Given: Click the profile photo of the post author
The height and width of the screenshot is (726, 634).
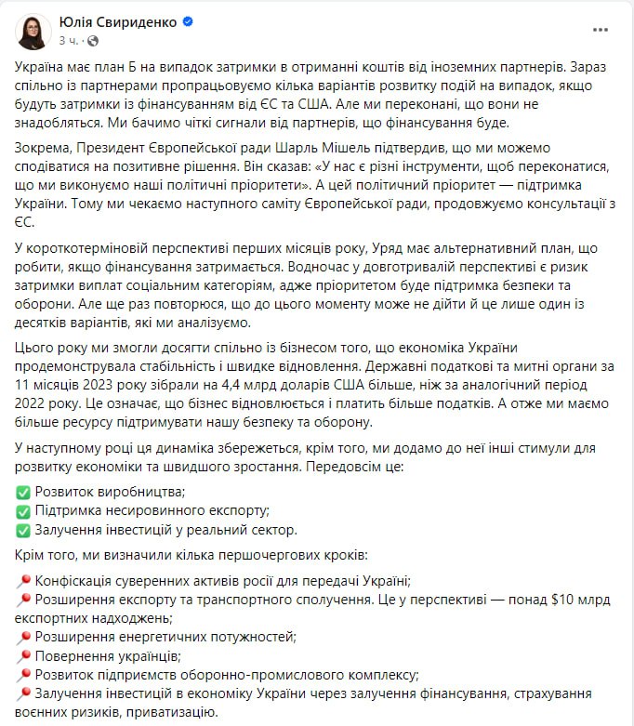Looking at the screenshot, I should point(34,31).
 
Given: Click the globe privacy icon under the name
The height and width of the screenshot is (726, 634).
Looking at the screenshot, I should point(93,41).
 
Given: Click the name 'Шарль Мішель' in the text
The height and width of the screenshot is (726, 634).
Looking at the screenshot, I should point(303,149).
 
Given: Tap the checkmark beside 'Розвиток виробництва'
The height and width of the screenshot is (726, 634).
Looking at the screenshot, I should point(23,492).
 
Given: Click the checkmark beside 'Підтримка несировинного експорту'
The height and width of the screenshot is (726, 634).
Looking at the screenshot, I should point(23,511).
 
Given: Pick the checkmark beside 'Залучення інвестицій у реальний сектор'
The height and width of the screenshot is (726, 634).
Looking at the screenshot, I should point(23,531).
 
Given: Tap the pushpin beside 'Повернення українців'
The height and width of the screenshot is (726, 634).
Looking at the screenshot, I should point(23,657).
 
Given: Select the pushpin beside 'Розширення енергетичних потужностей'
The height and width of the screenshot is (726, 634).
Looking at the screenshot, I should point(23,638).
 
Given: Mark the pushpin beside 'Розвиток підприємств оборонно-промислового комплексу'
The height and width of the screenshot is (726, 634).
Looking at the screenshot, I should point(23,676).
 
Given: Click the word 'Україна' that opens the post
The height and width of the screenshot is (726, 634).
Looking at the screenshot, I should point(43,68).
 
